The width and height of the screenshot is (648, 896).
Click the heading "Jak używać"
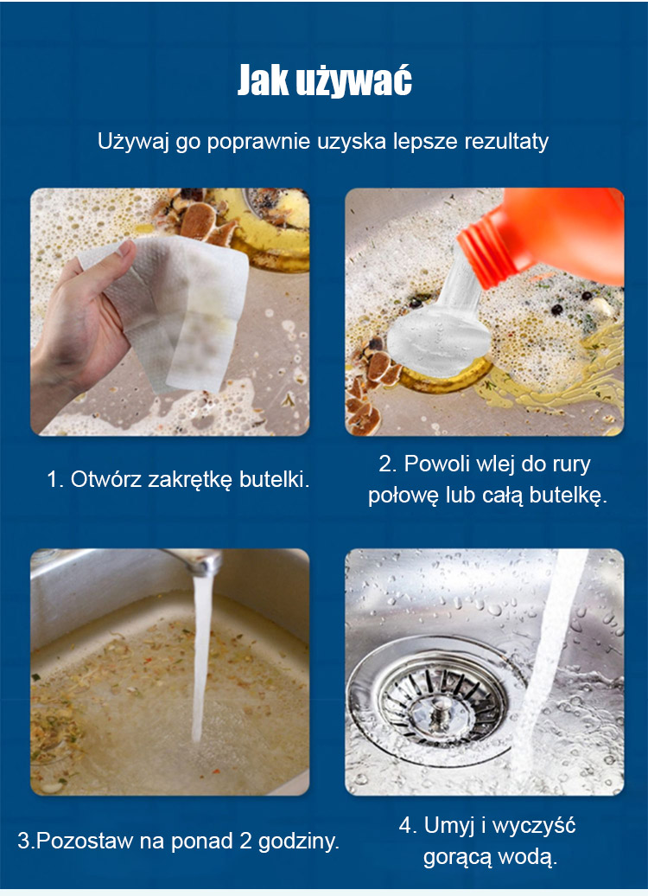coord(324,81)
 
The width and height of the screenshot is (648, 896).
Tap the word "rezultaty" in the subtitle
coord(506,141)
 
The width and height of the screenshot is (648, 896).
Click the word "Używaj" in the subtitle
coord(133,142)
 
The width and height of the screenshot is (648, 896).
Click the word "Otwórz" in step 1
coord(107,479)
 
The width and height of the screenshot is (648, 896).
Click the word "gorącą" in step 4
coord(457,857)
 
